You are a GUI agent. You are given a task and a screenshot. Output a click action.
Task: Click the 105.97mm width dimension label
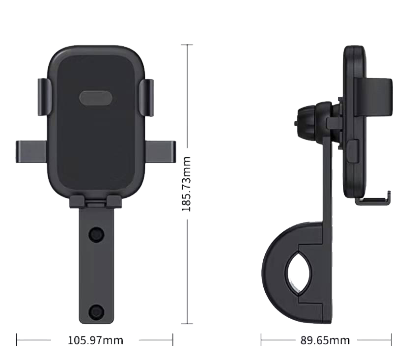pos(95,340)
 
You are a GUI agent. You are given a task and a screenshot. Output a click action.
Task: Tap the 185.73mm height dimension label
pos(187,184)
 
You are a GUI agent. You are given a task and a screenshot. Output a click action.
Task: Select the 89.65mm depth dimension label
pos(325,340)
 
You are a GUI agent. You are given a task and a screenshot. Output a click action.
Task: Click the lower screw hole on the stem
pos(96,311)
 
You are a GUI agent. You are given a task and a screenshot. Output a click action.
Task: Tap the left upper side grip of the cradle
pos(44,97)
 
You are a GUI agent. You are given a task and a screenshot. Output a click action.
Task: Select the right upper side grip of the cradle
pos(146,97)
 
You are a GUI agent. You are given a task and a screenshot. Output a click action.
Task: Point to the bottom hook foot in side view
pos(373,198)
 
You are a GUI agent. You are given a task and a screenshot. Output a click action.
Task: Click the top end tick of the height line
pos(187,45)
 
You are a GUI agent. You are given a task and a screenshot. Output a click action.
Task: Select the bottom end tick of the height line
pos(187,324)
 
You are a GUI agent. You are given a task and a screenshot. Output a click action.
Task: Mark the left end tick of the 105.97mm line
pos(17,339)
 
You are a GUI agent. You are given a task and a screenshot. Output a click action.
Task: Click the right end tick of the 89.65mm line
pos(391,339)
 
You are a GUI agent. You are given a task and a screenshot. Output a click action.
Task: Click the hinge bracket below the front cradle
pos(95,201)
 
